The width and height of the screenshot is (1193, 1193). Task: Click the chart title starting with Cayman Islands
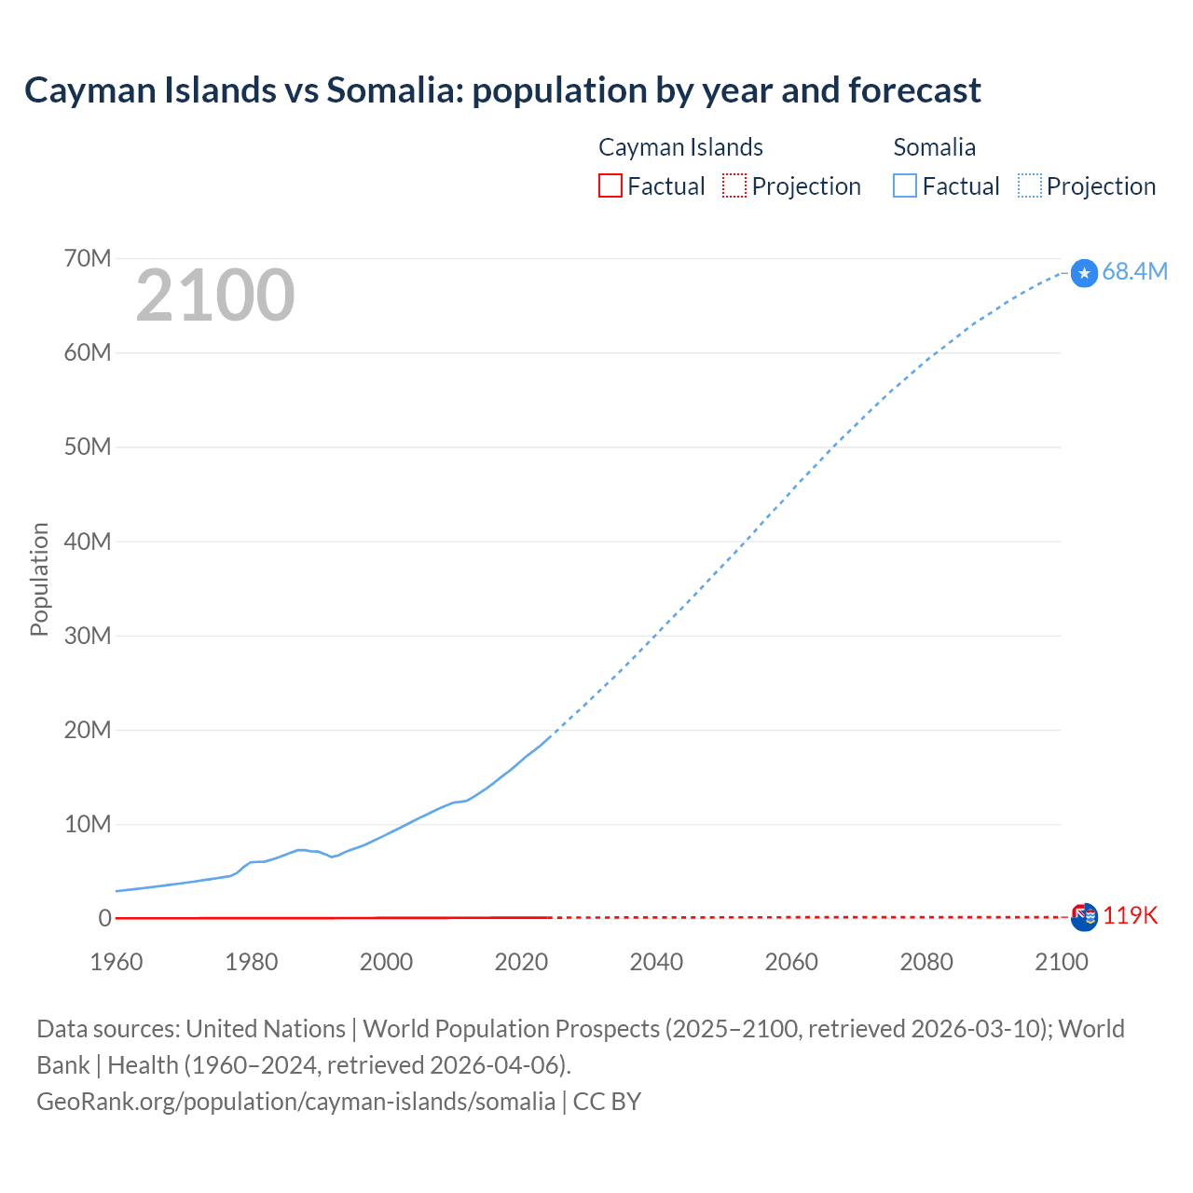click(502, 90)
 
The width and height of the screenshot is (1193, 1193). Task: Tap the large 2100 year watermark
click(215, 295)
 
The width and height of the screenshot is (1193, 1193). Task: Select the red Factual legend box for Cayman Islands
click(610, 185)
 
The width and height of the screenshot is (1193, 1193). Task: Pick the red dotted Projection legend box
click(734, 185)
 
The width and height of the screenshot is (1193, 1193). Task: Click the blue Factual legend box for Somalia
click(904, 185)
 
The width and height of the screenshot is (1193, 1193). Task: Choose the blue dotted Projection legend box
click(1030, 185)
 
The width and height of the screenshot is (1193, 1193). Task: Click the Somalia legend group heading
click(934, 147)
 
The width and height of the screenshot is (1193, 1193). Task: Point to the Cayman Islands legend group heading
click(680, 147)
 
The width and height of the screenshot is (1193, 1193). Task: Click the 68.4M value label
click(1134, 271)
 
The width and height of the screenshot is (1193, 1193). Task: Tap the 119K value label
click(1130, 916)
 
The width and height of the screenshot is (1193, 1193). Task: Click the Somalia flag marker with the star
click(1084, 273)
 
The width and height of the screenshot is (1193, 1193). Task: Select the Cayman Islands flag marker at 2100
click(1084, 917)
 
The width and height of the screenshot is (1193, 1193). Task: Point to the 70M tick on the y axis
click(88, 258)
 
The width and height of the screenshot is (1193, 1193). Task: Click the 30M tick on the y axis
click(88, 636)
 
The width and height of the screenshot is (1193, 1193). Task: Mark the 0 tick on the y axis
click(104, 918)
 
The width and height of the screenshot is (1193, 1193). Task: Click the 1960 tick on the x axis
click(117, 962)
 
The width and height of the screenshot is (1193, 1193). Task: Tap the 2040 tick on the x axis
click(656, 962)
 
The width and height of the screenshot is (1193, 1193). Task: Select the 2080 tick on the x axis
click(926, 962)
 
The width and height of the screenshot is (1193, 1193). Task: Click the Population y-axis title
click(39, 579)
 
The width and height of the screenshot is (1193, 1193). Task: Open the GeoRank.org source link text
click(295, 1102)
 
